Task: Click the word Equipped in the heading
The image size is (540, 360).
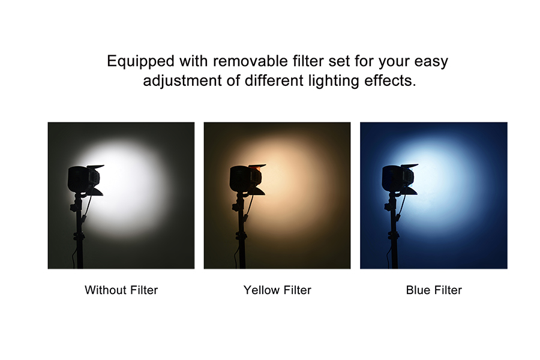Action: pos(140,62)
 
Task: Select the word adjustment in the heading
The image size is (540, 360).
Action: pos(182,81)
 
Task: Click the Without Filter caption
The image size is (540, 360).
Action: pos(121,290)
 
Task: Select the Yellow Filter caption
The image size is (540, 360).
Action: pos(277,290)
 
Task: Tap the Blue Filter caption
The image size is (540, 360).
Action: pos(434,290)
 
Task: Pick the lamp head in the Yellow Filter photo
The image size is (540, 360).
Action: pos(245,179)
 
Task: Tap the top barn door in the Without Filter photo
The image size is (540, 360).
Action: pos(95,167)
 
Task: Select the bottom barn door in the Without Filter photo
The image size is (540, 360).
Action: pos(96,192)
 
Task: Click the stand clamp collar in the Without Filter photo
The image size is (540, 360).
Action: pos(79,236)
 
